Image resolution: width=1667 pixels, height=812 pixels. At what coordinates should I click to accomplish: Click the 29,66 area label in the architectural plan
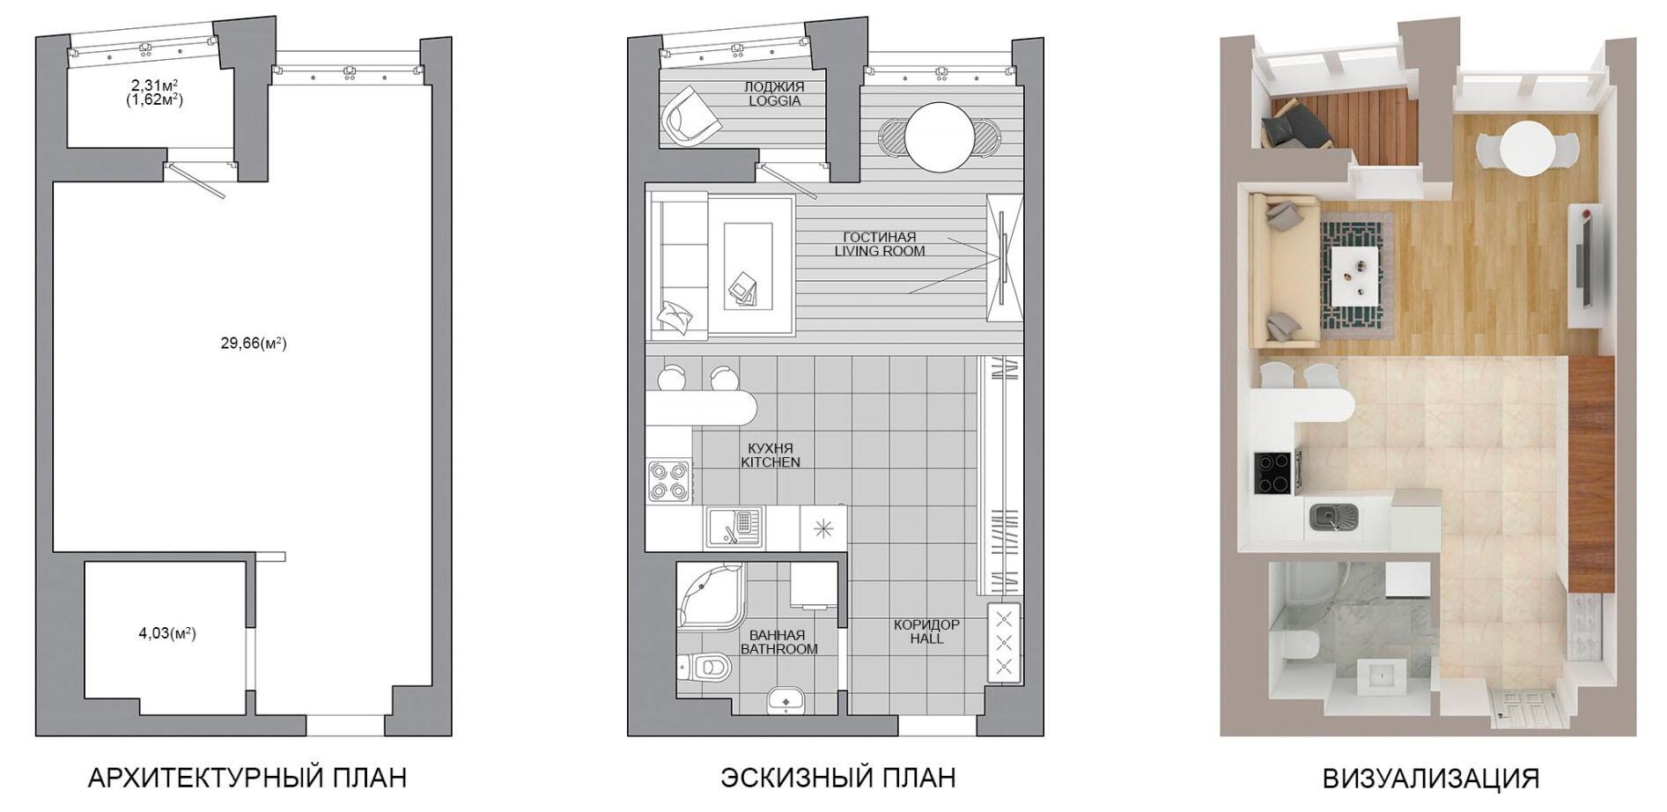(254, 343)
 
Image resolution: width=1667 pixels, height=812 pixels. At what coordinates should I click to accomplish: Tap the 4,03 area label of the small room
(167, 633)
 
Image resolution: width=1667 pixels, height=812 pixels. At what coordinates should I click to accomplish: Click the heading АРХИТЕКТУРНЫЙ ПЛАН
(247, 779)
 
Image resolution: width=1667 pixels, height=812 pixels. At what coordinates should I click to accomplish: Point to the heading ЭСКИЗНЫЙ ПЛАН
(838, 779)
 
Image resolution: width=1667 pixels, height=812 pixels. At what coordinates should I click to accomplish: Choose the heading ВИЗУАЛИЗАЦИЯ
(1431, 779)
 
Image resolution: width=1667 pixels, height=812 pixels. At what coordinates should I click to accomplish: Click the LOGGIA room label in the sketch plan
(775, 101)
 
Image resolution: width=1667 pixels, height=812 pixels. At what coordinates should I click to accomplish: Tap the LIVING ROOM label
(880, 251)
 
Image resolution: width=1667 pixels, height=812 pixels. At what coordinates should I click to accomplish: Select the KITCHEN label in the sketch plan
(771, 462)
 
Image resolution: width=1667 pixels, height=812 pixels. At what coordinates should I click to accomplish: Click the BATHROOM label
(778, 649)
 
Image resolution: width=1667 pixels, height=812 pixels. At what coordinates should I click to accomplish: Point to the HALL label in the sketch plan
(927, 639)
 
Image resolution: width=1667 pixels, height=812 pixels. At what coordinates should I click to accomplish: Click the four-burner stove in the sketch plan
(669, 481)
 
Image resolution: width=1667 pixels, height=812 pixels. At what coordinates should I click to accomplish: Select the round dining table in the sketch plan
(940, 137)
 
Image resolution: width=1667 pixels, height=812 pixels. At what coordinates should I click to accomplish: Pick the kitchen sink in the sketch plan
(734, 528)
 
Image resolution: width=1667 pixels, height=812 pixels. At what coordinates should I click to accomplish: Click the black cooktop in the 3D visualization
(1272, 472)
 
